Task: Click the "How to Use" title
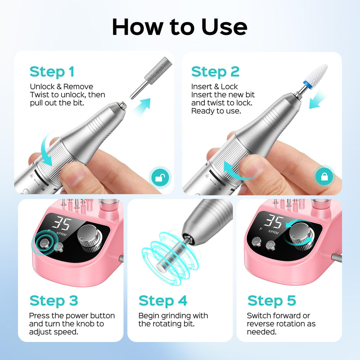point(180,27)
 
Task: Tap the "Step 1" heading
point(52,72)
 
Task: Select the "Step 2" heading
point(215,72)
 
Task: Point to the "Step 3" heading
point(54,301)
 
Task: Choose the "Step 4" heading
point(163,301)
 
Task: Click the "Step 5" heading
point(272,301)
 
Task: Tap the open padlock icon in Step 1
point(160,177)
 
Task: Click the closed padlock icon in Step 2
point(324,176)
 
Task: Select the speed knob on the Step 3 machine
point(90,238)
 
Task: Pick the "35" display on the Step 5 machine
point(274,221)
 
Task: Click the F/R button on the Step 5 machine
point(270,244)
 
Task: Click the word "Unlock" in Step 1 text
point(42,86)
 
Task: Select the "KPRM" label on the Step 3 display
point(61,234)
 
